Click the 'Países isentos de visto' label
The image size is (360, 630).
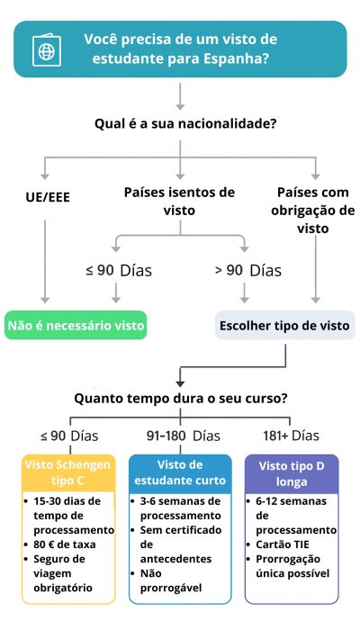[179, 202]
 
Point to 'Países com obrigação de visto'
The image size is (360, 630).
[312, 211]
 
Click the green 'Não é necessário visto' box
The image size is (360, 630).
[76, 325]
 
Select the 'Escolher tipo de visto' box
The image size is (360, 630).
[283, 325]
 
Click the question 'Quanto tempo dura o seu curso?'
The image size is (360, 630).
[180, 397]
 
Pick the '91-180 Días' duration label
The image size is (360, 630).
[183, 436]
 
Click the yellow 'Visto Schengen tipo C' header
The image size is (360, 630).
[69, 472]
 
